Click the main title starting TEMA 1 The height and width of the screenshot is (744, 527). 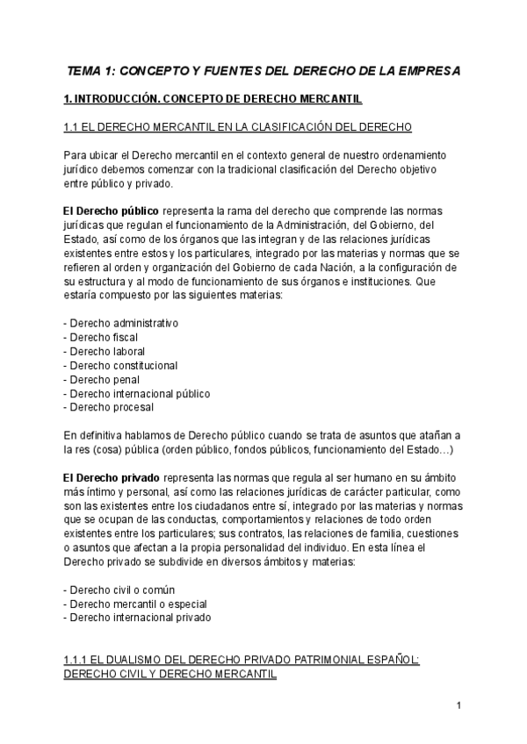[x=263, y=69]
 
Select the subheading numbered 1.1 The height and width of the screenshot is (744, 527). [x=238, y=127]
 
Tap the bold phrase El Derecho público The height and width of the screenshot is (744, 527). [x=112, y=211]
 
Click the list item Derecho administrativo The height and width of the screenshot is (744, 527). [x=121, y=323]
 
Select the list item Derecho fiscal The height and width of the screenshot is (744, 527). [x=101, y=337]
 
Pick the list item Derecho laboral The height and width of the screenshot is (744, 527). [x=105, y=351]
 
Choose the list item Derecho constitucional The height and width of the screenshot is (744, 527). [x=121, y=365]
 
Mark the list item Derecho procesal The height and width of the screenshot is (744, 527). [x=109, y=407]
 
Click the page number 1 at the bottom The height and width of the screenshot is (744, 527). [x=458, y=705]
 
